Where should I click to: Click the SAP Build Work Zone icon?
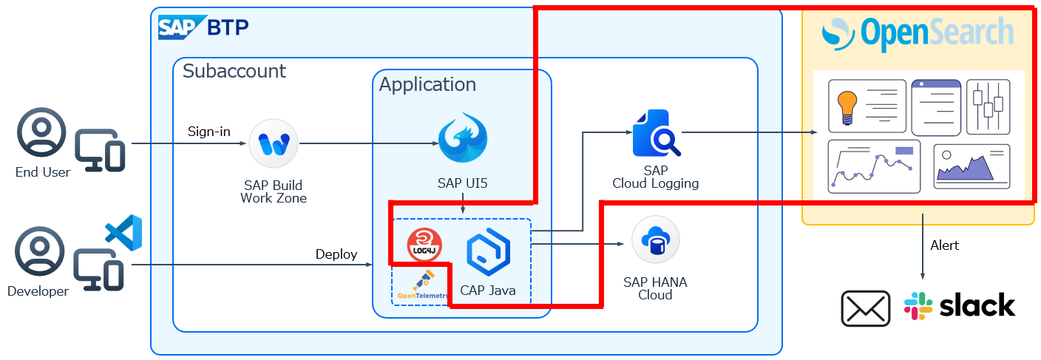click(274, 143)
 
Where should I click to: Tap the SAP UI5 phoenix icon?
click(463, 137)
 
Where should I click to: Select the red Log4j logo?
click(424, 245)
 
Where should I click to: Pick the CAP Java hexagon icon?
click(488, 253)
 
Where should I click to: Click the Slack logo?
click(960, 306)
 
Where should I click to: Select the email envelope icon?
click(866, 308)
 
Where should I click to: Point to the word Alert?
click(945, 245)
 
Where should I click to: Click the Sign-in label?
click(209, 132)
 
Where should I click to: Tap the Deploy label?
click(336, 254)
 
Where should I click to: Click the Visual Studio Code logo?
click(123, 231)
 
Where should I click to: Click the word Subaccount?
click(234, 72)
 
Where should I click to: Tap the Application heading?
click(427, 84)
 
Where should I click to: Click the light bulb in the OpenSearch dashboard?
click(847, 106)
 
